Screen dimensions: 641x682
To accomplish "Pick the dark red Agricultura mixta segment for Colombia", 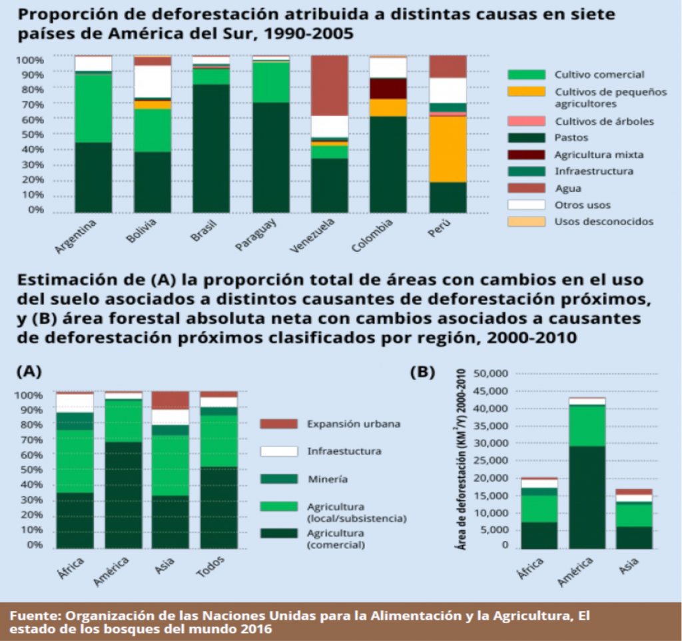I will click(388, 89).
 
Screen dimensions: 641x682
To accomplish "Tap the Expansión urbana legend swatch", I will click(278, 423).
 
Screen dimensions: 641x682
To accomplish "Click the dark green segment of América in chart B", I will click(587, 496).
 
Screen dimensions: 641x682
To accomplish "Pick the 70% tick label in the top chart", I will click(29, 105).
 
